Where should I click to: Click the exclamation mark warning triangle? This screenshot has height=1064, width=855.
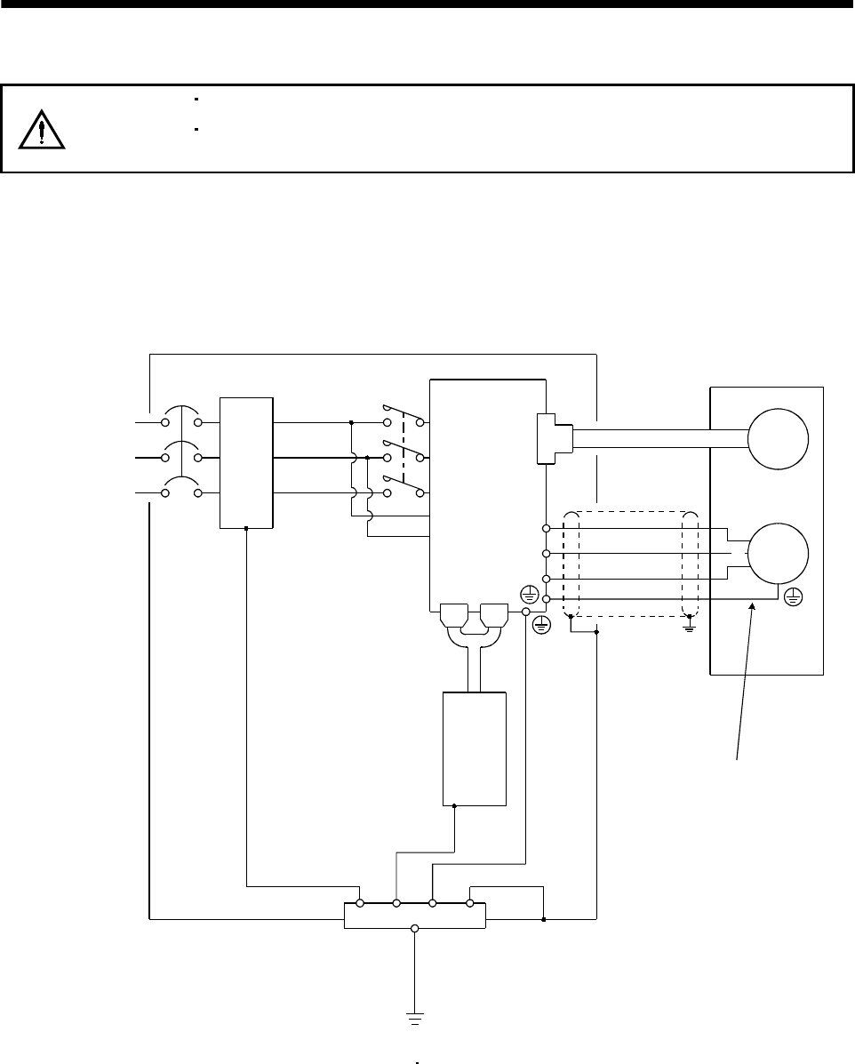(x=42, y=131)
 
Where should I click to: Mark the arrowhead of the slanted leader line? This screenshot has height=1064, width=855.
(x=755, y=607)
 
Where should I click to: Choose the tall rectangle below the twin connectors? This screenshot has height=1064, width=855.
(x=475, y=749)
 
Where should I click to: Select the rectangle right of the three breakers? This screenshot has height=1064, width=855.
(x=246, y=462)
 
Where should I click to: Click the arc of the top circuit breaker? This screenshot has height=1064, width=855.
(x=183, y=414)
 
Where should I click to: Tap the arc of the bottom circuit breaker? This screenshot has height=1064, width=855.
(x=183, y=484)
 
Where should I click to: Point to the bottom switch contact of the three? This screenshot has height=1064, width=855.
(x=402, y=484)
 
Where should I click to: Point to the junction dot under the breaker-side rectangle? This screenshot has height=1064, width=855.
(x=246, y=528)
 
